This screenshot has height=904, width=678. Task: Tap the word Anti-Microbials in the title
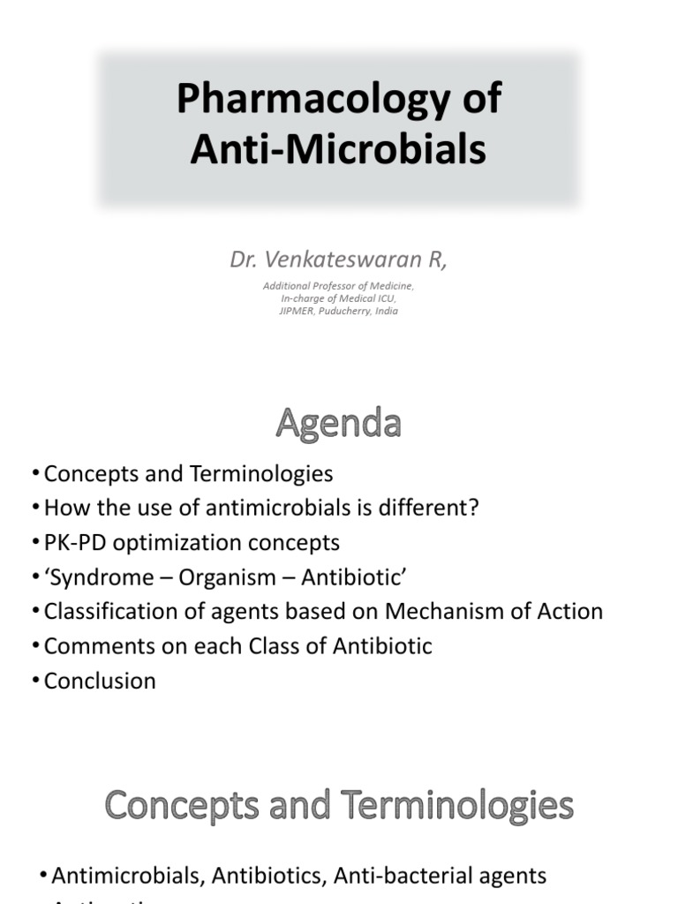click(339, 150)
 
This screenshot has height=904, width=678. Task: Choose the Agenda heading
click(339, 425)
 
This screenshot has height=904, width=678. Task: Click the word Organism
click(233, 576)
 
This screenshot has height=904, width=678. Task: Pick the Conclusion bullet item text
click(100, 681)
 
